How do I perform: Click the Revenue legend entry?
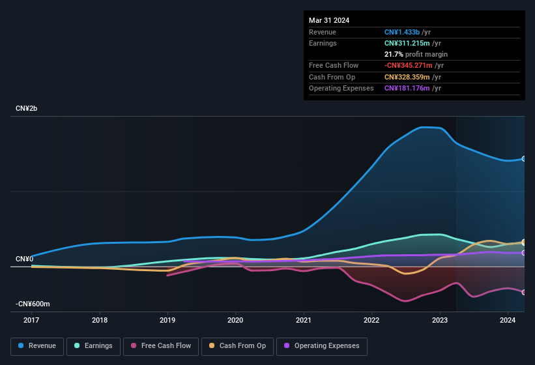(x=37, y=345)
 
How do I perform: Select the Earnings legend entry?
(x=93, y=345)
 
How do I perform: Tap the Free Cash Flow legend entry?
(x=161, y=345)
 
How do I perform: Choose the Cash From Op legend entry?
(x=237, y=345)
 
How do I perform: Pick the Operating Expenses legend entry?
(x=321, y=345)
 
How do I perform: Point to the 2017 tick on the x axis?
(x=31, y=320)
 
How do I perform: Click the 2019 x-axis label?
(x=167, y=320)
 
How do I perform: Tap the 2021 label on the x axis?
(x=303, y=320)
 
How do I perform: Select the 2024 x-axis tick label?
(x=508, y=320)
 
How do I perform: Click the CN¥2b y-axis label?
(x=27, y=108)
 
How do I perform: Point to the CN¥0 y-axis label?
(x=24, y=259)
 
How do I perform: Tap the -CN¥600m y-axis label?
(x=33, y=304)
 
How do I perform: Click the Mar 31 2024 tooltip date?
(x=329, y=20)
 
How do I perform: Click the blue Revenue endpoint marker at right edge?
(x=524, y=158)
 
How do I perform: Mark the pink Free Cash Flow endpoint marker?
(x=524, y=292)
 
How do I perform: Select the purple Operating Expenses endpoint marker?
(x=524, y=253)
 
